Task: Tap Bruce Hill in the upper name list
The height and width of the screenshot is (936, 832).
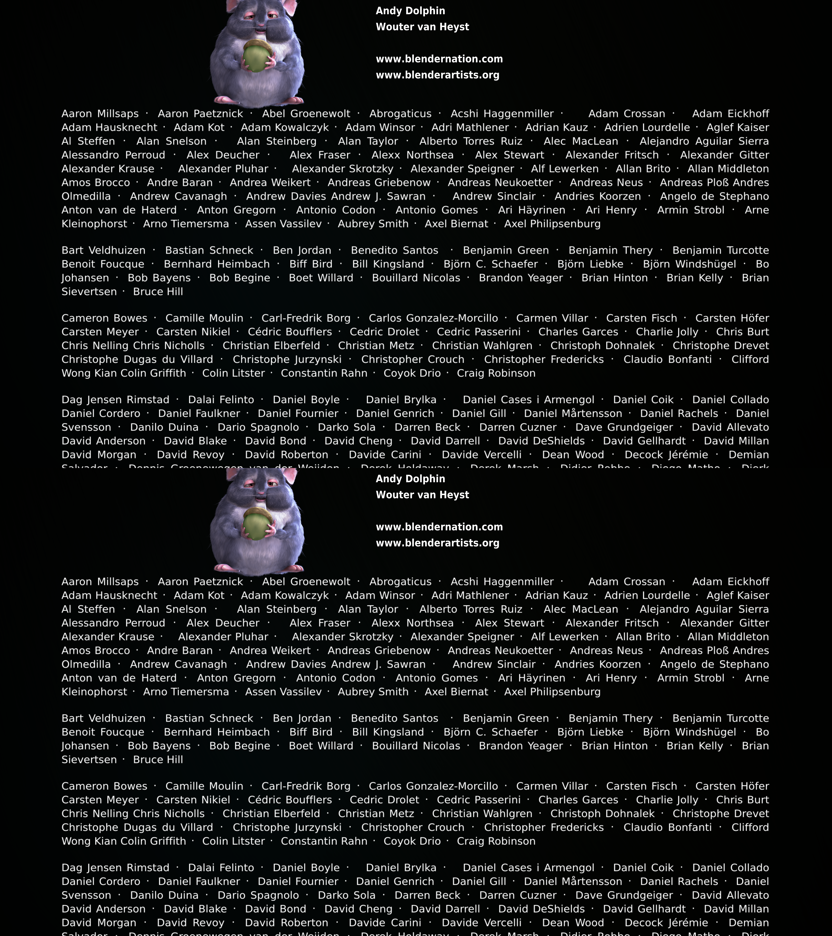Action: click(x=158, y=292)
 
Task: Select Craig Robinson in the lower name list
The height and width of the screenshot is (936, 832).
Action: click(x=496, y=841)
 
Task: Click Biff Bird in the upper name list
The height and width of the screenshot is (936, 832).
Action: click(x=311, y=264)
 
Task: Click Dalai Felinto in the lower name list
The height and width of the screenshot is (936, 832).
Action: click(x=221, y=868)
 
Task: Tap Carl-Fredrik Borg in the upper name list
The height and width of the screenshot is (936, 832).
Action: click(x=306, y=318)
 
